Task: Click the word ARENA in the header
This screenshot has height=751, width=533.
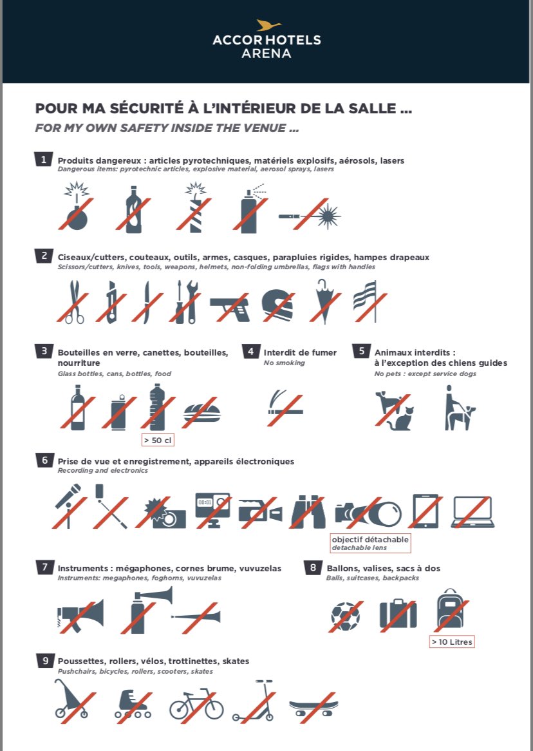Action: tap(266, 53)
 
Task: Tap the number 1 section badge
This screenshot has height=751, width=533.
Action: tap(43, 160)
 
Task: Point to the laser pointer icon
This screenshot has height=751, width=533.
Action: tap(310, 216)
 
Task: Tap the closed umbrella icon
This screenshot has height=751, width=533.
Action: tap(325, 301)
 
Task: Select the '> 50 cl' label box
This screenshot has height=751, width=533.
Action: tap(158, 440)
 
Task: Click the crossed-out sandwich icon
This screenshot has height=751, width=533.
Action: tap(201, 412)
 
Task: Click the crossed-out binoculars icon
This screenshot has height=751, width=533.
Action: tap(308, 512)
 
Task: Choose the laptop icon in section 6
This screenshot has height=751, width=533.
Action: tap(472, 512)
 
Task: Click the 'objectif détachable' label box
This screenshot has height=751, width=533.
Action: tap(370, 543)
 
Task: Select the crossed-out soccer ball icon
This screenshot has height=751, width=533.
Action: tap(345, 616)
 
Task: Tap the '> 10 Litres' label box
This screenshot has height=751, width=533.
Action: tap(452, 642)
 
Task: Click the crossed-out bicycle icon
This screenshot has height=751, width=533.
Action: tap(196, 703)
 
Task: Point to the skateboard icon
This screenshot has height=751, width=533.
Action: tap(313, 707)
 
